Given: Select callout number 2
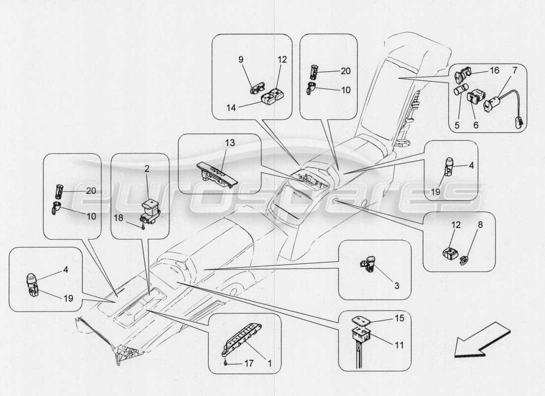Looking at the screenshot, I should click(147, 169).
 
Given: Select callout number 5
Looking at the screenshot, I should click(457, 126).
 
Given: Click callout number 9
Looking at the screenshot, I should click(241, 59).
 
